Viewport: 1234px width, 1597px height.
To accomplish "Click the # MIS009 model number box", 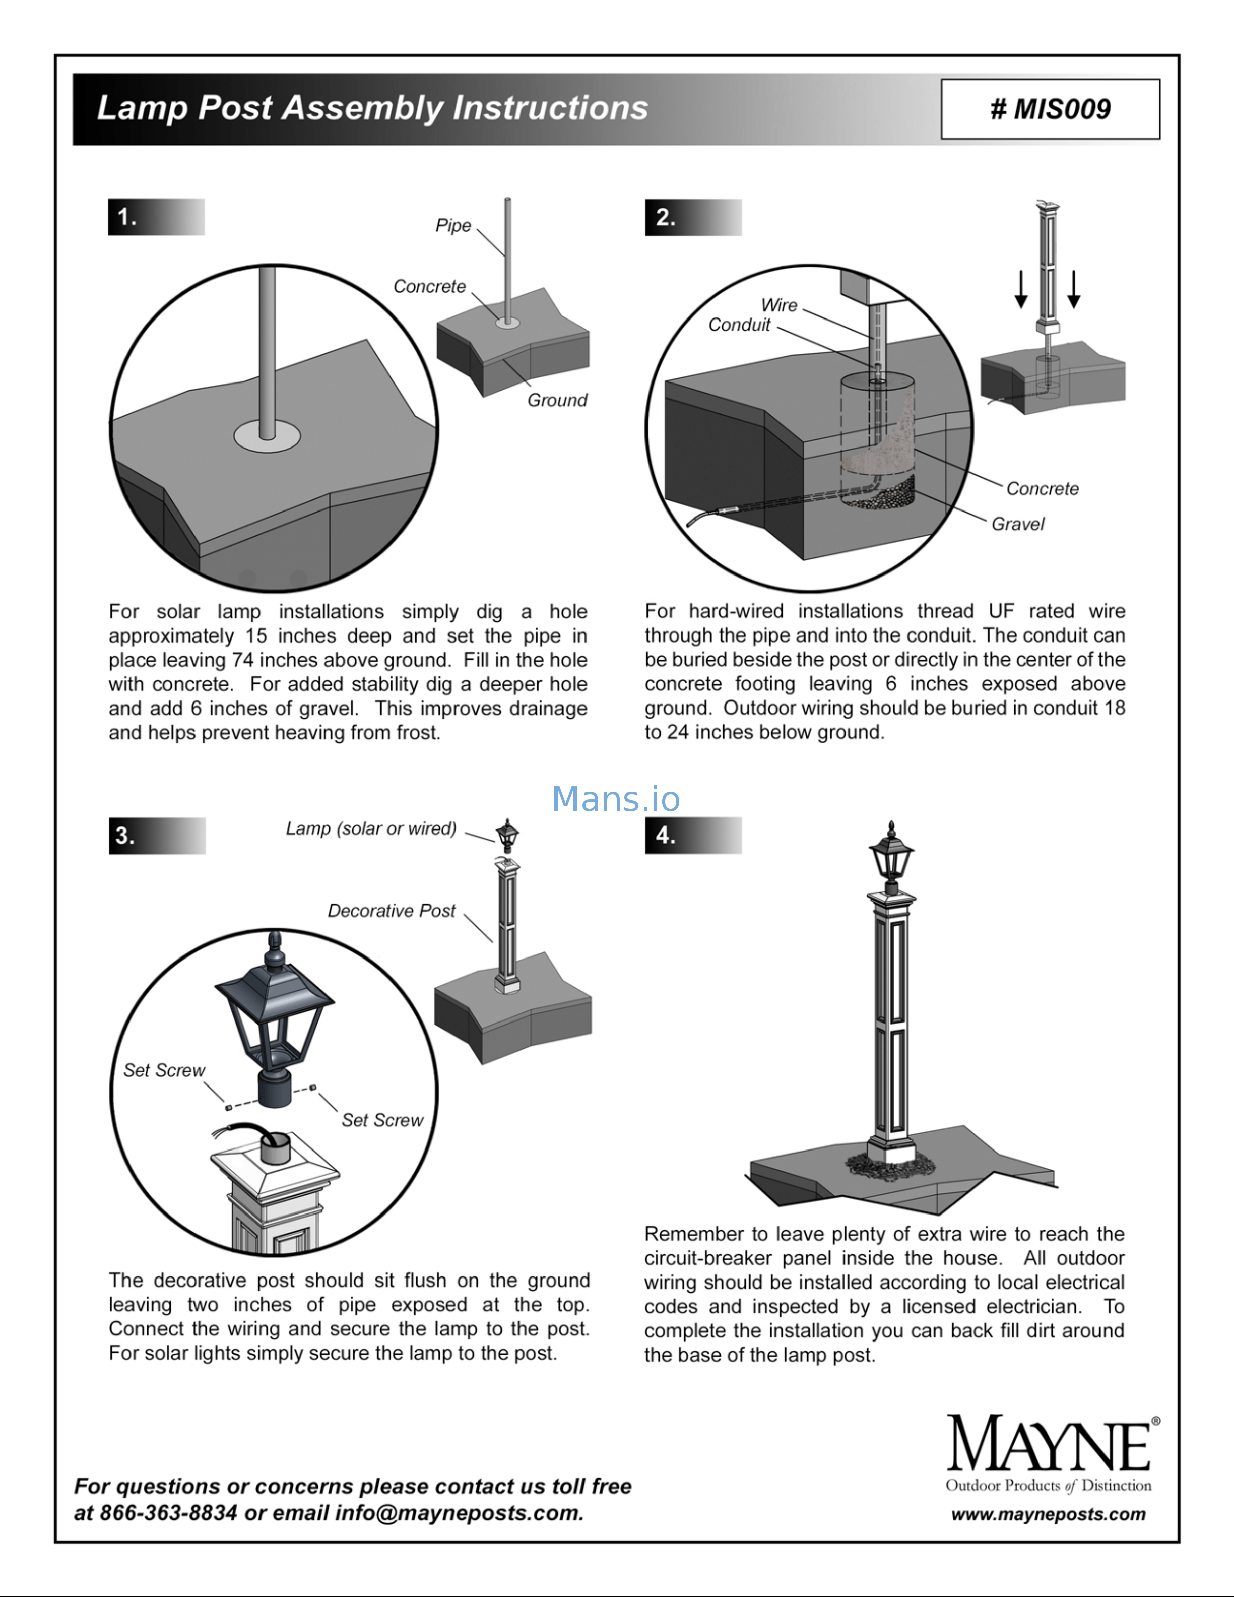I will pos(1050,109).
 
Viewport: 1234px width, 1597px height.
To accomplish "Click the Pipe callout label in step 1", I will pos(453,225).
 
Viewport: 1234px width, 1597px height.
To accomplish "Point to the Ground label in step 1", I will pos(557,400).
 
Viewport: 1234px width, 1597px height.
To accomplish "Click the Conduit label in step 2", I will pos(739,325).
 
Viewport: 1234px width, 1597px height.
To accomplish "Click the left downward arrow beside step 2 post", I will pos(1021,290).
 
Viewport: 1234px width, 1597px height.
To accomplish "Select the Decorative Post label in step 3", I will pos(391,911).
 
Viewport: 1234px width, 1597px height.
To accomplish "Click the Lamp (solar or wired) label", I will pos(371,828).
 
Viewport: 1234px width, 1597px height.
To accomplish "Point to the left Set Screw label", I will pos(164,1070).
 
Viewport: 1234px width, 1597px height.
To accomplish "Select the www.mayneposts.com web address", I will pos(1048,1514).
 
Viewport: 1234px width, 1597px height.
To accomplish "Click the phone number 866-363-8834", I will pos(168,1513).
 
